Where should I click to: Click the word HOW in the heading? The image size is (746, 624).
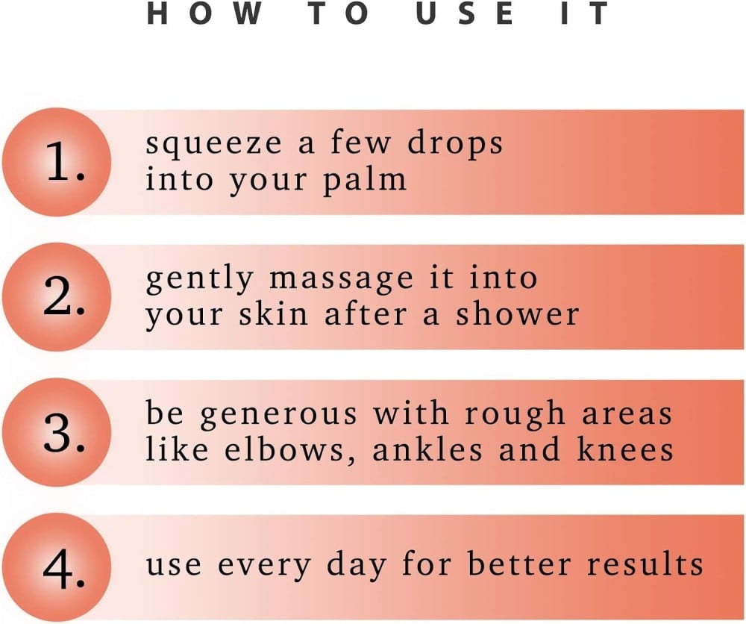pos(204,13)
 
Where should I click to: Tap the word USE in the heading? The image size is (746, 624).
pos(465,13)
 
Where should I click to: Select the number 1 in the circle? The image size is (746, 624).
pos(66,162)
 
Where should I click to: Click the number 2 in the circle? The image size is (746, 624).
pos(65,296)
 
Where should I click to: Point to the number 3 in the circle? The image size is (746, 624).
pos(65,433)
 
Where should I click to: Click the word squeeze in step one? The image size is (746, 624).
pos(213,145)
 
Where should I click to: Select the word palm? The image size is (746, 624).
pos(365,180)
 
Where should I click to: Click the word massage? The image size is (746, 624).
pos(341,280)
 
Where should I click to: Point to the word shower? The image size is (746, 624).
pos(518,314)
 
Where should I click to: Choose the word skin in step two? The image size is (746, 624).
pos(274,314)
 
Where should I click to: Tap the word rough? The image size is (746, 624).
pos(515,414)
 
